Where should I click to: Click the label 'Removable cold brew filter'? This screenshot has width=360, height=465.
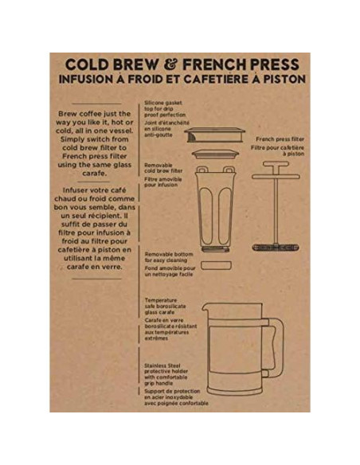[x=163, y=167]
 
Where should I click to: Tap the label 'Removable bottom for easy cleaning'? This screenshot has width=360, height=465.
[x=169, y=258]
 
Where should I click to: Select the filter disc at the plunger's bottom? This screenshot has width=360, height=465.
[x=276, y=247]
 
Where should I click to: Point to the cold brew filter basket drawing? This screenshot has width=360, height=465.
[x=216, y=207]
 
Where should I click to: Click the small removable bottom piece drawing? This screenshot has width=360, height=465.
[x=216, y=263]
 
